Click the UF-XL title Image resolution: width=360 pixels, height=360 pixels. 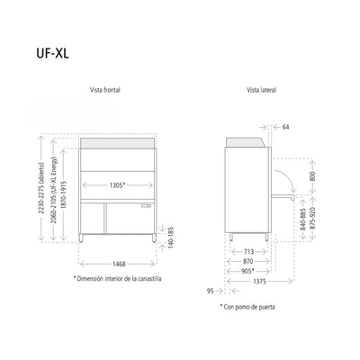(x=53, y=53)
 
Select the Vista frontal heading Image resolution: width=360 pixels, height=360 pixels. (x=105, y=90)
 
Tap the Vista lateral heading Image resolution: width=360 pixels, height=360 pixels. (x=261, y=90)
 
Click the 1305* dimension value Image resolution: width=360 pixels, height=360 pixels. (x=117, y=185)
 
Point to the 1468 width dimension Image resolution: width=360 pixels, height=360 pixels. (x=119, y=264)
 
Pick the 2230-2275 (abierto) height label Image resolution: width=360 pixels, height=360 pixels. (x=41, y=188)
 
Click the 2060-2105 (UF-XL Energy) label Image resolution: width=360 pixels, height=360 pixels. (x=54, y=190)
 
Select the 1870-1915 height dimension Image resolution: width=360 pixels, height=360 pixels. (x=64, y=194)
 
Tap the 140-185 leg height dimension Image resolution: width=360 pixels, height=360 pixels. (x=171, y=238)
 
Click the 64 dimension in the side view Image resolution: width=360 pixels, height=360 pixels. (x=285, y=127)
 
